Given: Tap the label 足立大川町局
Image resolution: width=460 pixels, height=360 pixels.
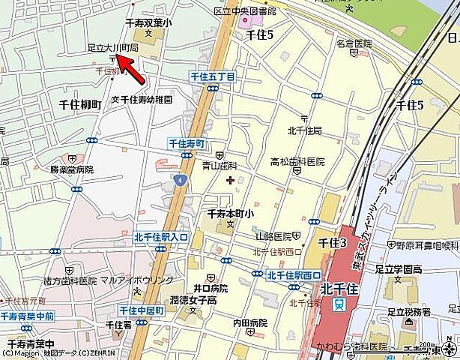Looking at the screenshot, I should pos(112,46).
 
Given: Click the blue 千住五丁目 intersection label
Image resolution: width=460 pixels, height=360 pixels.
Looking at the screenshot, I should pos(213,77).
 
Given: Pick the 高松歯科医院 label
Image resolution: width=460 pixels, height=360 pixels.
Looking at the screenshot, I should pos(297,161).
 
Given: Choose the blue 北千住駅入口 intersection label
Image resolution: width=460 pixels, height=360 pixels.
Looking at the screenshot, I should pos(161,238).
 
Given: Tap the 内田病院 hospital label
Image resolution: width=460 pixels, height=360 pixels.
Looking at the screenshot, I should pos(249,322).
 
